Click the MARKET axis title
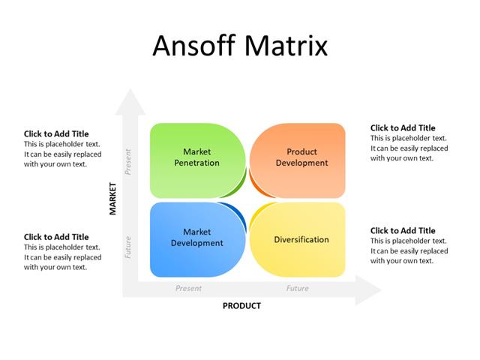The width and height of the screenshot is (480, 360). pyautogui.click(x=113, y=199)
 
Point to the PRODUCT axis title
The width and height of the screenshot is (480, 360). pyautogui.click(x=241, y=306)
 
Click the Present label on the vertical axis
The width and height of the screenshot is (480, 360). pyautogui.click(x=128, y=161)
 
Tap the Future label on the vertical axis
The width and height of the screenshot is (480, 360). pyautogui.click(x=128, y=248)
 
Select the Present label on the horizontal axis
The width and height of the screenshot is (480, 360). pyautogui.click(x=188, y=288)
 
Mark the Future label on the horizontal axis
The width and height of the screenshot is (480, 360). pyautogui.click(x=297, y=288)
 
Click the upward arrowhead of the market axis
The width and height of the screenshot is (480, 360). pyautogui.click(x=134, y=101)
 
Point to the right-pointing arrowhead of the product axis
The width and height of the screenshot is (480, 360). pyautogui.click(x=367, y=289)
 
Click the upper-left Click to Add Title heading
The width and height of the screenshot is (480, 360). pyautogui.click(x=56, y=134)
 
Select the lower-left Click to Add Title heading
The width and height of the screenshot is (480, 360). pyautogui.click(x=56, y=237)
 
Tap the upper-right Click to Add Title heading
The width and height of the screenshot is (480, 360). pyautogui.click(x=403, y=128)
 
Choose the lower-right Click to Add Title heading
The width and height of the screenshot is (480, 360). pyautogui.click(x=403, y=231)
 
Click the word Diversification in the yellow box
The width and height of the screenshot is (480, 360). pyautogui.click(x=301, y=240)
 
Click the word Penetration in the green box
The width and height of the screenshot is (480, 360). pyautogui.click(x=196, y=163)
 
